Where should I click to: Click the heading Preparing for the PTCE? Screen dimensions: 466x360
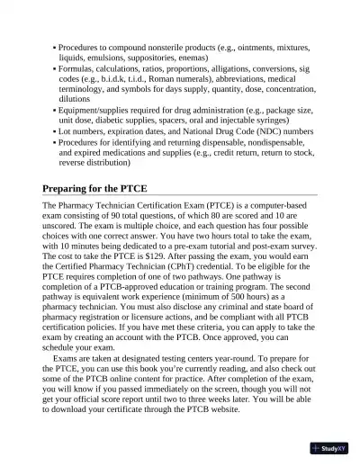[94, 190]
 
